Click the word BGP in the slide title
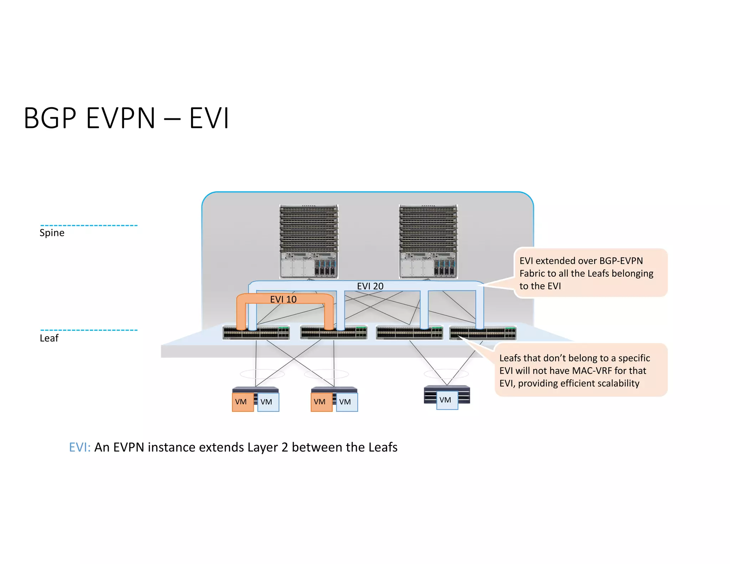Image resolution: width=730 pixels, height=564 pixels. point(50,118)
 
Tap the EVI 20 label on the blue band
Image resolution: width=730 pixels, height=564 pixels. point(370,286)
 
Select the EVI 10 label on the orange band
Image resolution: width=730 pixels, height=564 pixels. point(283,299)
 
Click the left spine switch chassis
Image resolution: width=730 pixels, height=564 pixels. point(309,241)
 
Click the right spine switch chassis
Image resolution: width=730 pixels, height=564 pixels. point(428,241)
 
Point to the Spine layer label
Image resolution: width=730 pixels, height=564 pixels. point(52,233)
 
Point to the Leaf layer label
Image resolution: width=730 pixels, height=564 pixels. point(49,338)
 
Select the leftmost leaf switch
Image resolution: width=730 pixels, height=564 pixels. point(256,333)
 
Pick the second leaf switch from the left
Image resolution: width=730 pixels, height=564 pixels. point(334,333)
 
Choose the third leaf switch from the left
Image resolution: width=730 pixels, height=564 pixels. point(410,333)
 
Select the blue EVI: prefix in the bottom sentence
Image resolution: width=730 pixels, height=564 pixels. point(80,447)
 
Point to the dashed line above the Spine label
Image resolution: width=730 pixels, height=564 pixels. point(89,225)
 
